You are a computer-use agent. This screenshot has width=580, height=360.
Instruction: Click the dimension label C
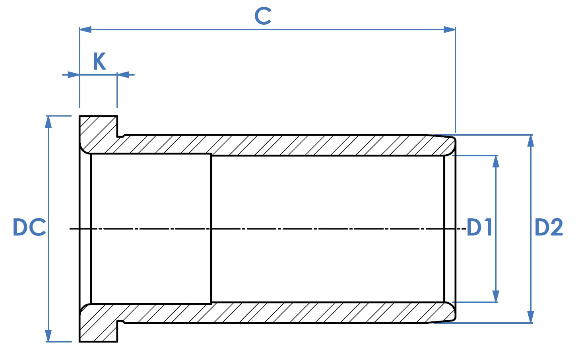(262, 16)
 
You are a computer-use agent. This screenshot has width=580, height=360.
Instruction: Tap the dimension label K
(99, 61)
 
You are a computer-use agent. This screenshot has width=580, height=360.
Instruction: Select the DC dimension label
(29, 227)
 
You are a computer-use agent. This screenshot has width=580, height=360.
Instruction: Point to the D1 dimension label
(479, 227)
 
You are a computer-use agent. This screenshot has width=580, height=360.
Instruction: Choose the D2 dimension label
(549, 227)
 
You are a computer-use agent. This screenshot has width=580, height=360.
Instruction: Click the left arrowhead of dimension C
(85, 29)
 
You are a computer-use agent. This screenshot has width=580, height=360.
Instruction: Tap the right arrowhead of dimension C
(450, 29)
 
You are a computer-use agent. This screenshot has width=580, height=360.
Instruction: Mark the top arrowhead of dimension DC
(48, 122)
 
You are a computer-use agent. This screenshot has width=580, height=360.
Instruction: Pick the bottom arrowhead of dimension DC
(48, 336)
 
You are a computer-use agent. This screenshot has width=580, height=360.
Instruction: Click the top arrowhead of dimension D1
(496, 162)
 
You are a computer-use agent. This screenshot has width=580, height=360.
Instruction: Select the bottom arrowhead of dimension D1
(496, 296)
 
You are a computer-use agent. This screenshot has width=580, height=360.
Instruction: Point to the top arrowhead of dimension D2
(531, 141)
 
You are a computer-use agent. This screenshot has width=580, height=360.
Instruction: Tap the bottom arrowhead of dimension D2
(531, 317)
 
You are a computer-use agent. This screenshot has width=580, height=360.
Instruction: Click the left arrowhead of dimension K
(74, 75)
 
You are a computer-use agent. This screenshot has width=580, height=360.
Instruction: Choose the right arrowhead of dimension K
(123, 75)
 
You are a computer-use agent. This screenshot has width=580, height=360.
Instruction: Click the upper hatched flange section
(99, 134)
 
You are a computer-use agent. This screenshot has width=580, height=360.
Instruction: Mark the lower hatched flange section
(99, 323)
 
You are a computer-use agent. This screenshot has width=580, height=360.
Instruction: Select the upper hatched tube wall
(285, 145)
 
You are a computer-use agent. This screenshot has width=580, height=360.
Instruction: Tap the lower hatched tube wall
(285, 313)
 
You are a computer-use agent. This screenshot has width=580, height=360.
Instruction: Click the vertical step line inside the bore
(211, 229)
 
